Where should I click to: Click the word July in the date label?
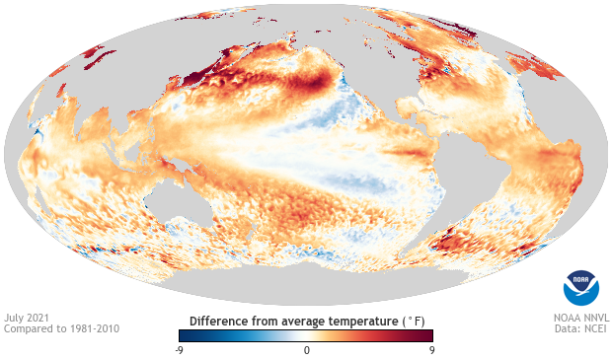(x=15, y=318)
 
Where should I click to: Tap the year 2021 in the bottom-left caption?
(x=39, y=318)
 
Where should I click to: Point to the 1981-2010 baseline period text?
(x=95, y=328)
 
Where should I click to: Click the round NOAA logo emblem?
(x=580, y=286)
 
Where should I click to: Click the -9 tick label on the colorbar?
(x=178, y=350)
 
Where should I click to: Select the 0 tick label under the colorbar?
(x=306, y=350)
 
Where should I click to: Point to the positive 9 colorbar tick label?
(x=432, y=350)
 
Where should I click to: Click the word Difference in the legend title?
(x=220, y=321)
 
